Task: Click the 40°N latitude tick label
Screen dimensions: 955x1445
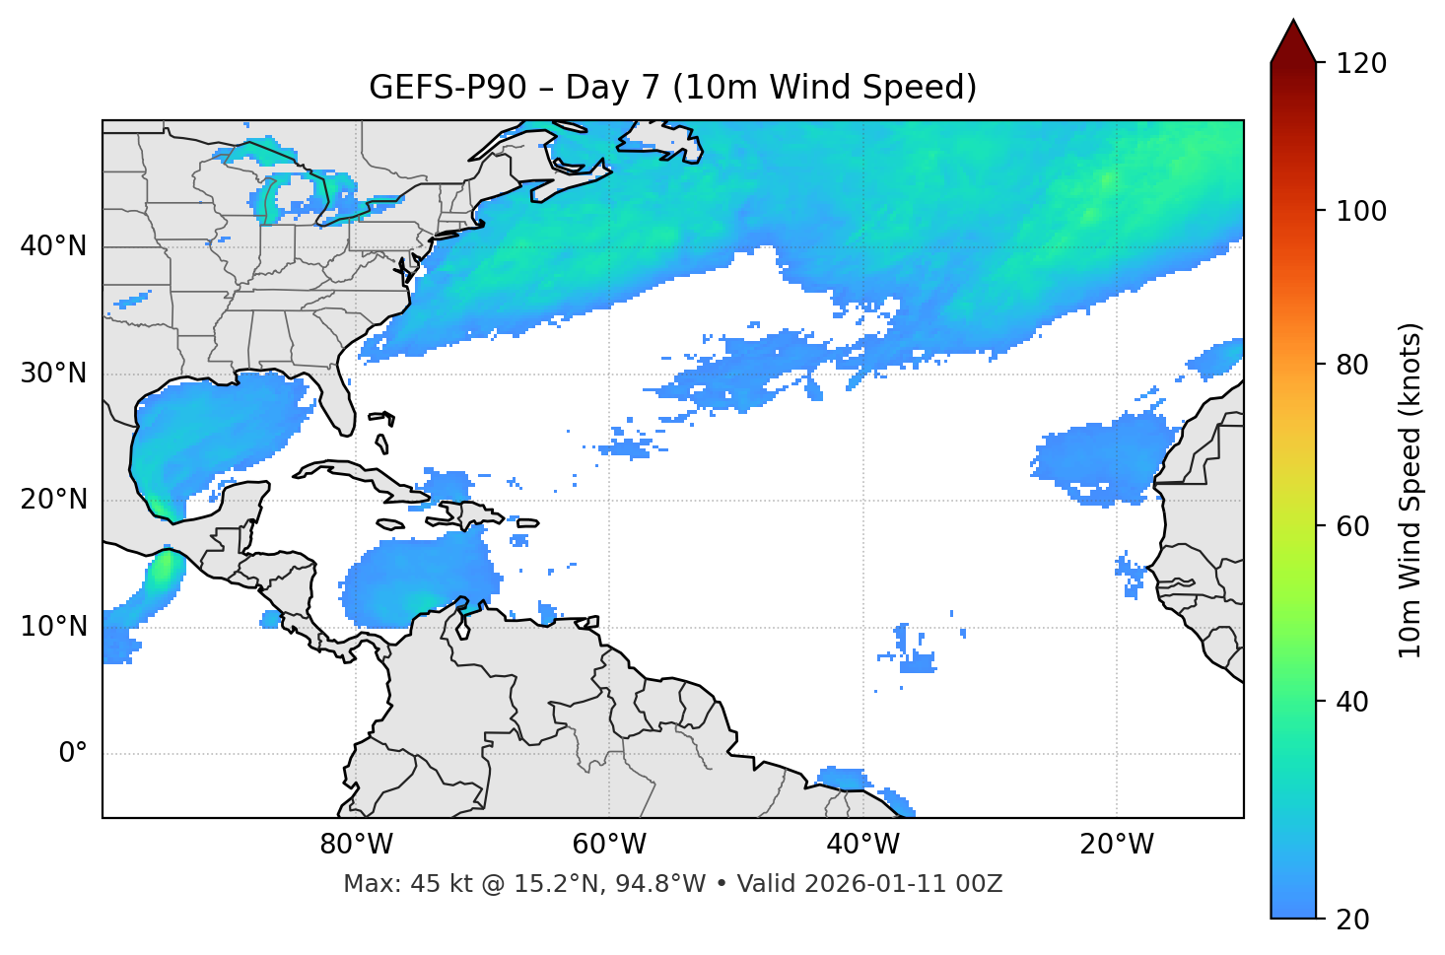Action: (53, 246)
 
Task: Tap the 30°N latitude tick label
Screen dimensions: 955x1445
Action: (53, 374)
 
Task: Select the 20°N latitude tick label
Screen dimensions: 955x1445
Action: (53, 500)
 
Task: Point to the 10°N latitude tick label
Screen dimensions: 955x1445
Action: (53, 627)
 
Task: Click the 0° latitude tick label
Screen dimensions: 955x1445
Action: (72, 754)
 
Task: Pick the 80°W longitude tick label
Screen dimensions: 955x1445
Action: (356, 845)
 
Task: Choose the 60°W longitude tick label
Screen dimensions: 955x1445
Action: (609, 845)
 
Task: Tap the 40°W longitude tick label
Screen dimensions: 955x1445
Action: (862, 845)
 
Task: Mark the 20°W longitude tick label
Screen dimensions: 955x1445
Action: (1117, 845)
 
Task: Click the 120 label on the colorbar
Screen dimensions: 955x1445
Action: (1361, 64)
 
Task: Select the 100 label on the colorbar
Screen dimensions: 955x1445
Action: (1361, 211)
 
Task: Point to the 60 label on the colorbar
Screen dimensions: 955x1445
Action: (1352, 526)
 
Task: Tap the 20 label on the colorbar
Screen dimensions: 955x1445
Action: (1352, 920)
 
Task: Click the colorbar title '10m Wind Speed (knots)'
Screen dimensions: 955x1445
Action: (1411, 490)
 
